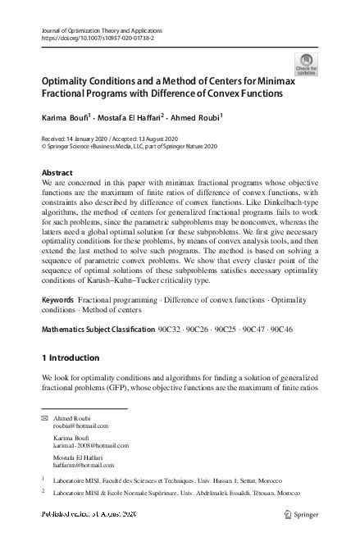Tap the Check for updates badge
[x=306, y=65]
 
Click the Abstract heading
[x=57, y=174]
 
